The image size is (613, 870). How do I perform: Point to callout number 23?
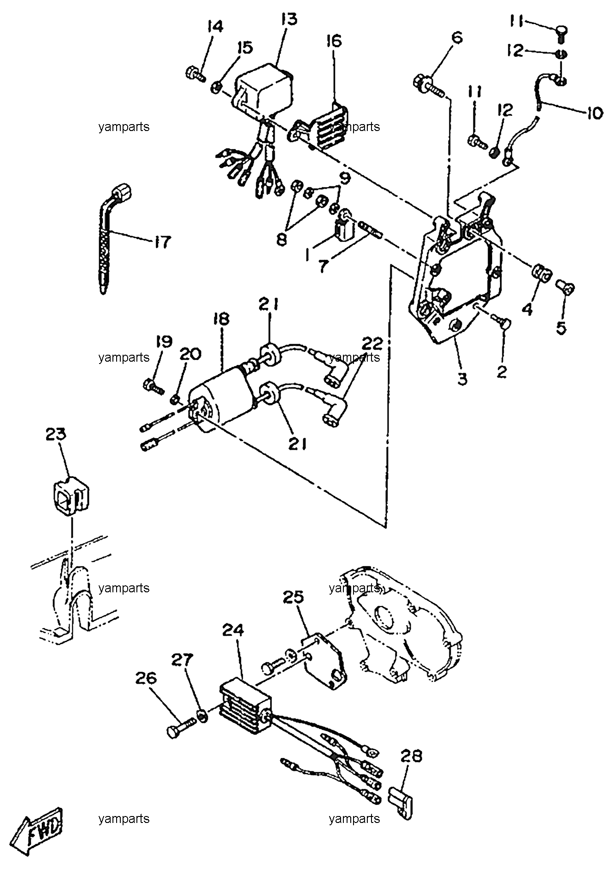56,434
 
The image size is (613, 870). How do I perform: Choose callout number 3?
462,379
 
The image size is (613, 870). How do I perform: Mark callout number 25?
294,597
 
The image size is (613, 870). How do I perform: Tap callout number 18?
221,319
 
